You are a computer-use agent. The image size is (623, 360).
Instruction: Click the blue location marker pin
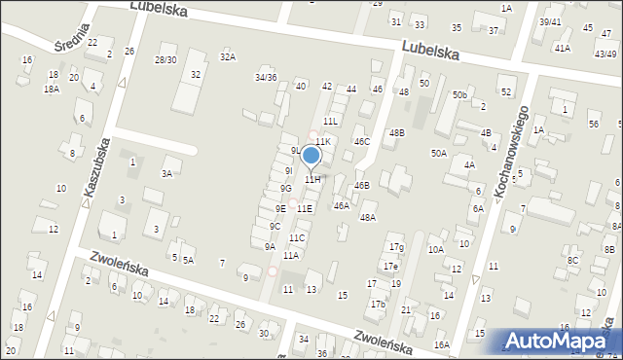tap(311, 156)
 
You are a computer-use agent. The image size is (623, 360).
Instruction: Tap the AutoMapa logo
tap(562, 340)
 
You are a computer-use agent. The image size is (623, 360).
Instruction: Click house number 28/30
tap(165, 59)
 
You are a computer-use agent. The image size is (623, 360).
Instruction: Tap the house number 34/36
tap(266, 77)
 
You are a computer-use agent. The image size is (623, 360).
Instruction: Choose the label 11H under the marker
tap(311, 180)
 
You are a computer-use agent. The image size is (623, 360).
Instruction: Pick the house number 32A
tap(227, 56)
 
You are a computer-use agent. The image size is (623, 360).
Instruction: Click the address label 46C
tap(362, 141)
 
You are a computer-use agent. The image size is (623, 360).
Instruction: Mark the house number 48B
tap(396, 132)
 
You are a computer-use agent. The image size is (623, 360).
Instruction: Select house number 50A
tap(439, 153)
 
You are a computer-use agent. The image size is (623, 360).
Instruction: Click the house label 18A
tap(52, 89)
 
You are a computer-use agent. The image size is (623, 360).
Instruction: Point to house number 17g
tap(395, 248)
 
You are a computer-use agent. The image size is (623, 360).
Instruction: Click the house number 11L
tap(331, 121)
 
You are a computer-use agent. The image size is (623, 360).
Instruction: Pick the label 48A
tap(368, 218)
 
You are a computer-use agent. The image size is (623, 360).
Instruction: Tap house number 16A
tap(442, 344)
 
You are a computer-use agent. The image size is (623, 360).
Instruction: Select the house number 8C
tap(573, 260)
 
